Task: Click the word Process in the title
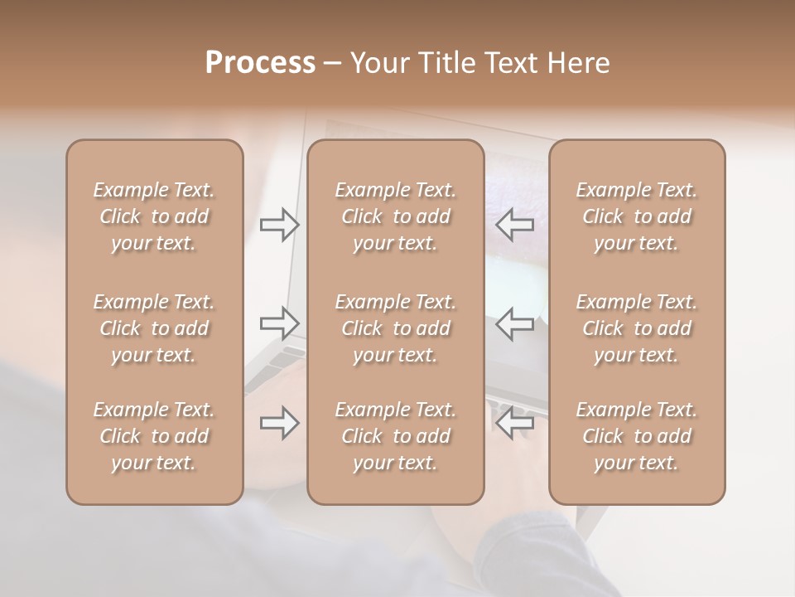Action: click(x=260, y=63)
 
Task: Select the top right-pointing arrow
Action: click(x=279, y=225)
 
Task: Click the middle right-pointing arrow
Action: click(x=279, y=323)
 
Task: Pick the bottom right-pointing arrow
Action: click(x=279, y=423)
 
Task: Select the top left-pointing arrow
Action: click(x=515, y=225)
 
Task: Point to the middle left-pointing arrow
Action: click(x=515, y=323)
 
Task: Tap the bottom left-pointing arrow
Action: click(x=515, y=423)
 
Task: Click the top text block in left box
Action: click(x=154, y=216)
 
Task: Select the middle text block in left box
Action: click(x=154, y=328)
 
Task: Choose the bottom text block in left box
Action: click(x=154, y=436)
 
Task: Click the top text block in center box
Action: click(x=395, y=216)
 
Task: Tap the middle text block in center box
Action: click(x=395, y=328)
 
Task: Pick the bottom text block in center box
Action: click(x=395, y=436)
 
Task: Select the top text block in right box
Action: click(x=637, y=216)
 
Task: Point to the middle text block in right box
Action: click(x=637, y=328)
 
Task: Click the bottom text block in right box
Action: click(x=637, y=436)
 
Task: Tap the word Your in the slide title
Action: click(x=379, y=63)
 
